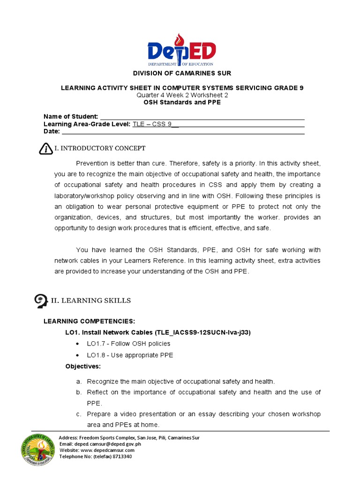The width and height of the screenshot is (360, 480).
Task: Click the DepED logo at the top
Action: pos(181,50)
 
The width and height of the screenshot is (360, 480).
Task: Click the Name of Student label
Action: pos(71,116)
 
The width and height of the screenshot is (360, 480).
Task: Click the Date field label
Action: pos(52,131)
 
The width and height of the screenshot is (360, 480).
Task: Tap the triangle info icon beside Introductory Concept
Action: pos(45,149)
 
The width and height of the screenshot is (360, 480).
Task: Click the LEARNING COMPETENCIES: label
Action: pos(89,321)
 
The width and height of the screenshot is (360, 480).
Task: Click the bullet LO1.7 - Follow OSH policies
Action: pos(128,344)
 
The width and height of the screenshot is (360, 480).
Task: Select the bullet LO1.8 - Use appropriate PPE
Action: pos(130,355)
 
